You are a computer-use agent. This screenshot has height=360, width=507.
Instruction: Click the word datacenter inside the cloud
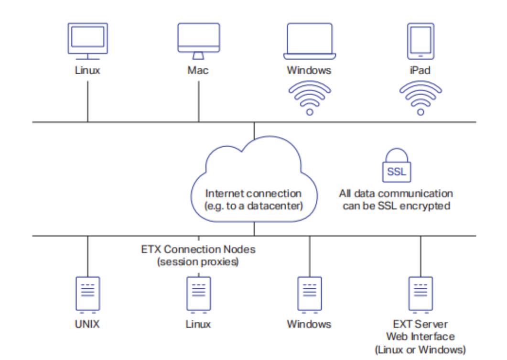[277, 207]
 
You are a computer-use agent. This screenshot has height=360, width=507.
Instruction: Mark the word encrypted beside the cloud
[431, 207]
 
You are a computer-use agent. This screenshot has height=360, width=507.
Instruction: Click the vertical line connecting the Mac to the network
[198, 100]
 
